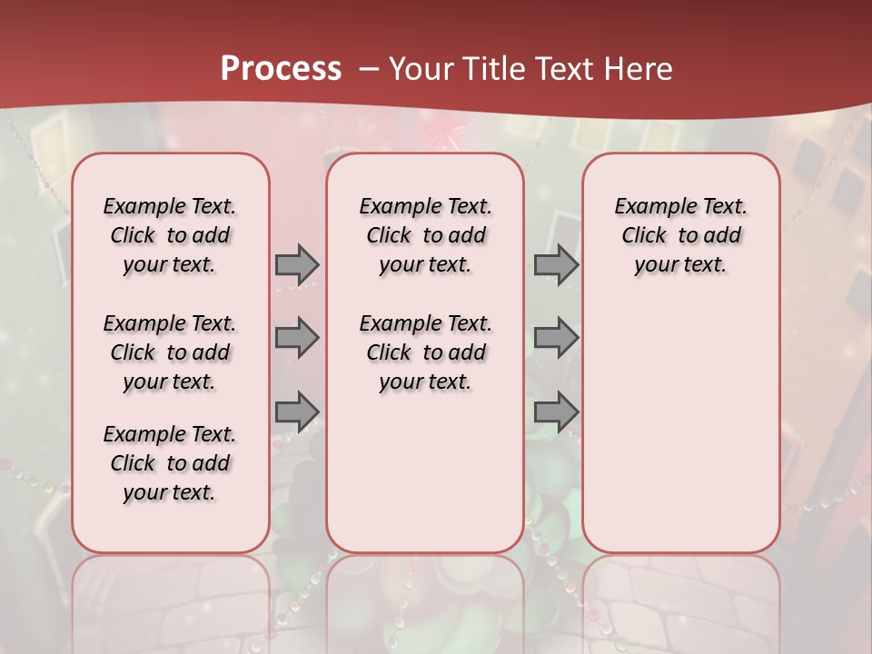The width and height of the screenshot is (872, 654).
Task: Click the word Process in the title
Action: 281,68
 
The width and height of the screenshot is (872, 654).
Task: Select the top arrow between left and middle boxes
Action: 297,264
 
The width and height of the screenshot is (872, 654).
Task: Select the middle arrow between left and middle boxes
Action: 297,338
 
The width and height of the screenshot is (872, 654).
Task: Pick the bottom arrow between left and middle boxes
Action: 297,411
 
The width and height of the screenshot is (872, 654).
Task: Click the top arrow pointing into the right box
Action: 556,264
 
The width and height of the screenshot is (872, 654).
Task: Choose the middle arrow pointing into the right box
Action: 556,338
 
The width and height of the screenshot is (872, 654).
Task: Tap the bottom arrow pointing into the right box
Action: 556,411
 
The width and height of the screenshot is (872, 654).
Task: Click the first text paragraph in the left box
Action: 170,235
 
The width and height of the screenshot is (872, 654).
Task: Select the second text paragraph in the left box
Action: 170,352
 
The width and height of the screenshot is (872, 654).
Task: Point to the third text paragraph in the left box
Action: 170,463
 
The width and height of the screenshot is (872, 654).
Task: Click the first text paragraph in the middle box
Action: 425,235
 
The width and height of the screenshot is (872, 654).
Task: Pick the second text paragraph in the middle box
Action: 425,352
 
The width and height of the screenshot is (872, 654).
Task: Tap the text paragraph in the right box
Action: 681,235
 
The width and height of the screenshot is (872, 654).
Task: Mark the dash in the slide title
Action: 370,69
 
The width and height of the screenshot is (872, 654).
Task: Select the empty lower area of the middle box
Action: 425,472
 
